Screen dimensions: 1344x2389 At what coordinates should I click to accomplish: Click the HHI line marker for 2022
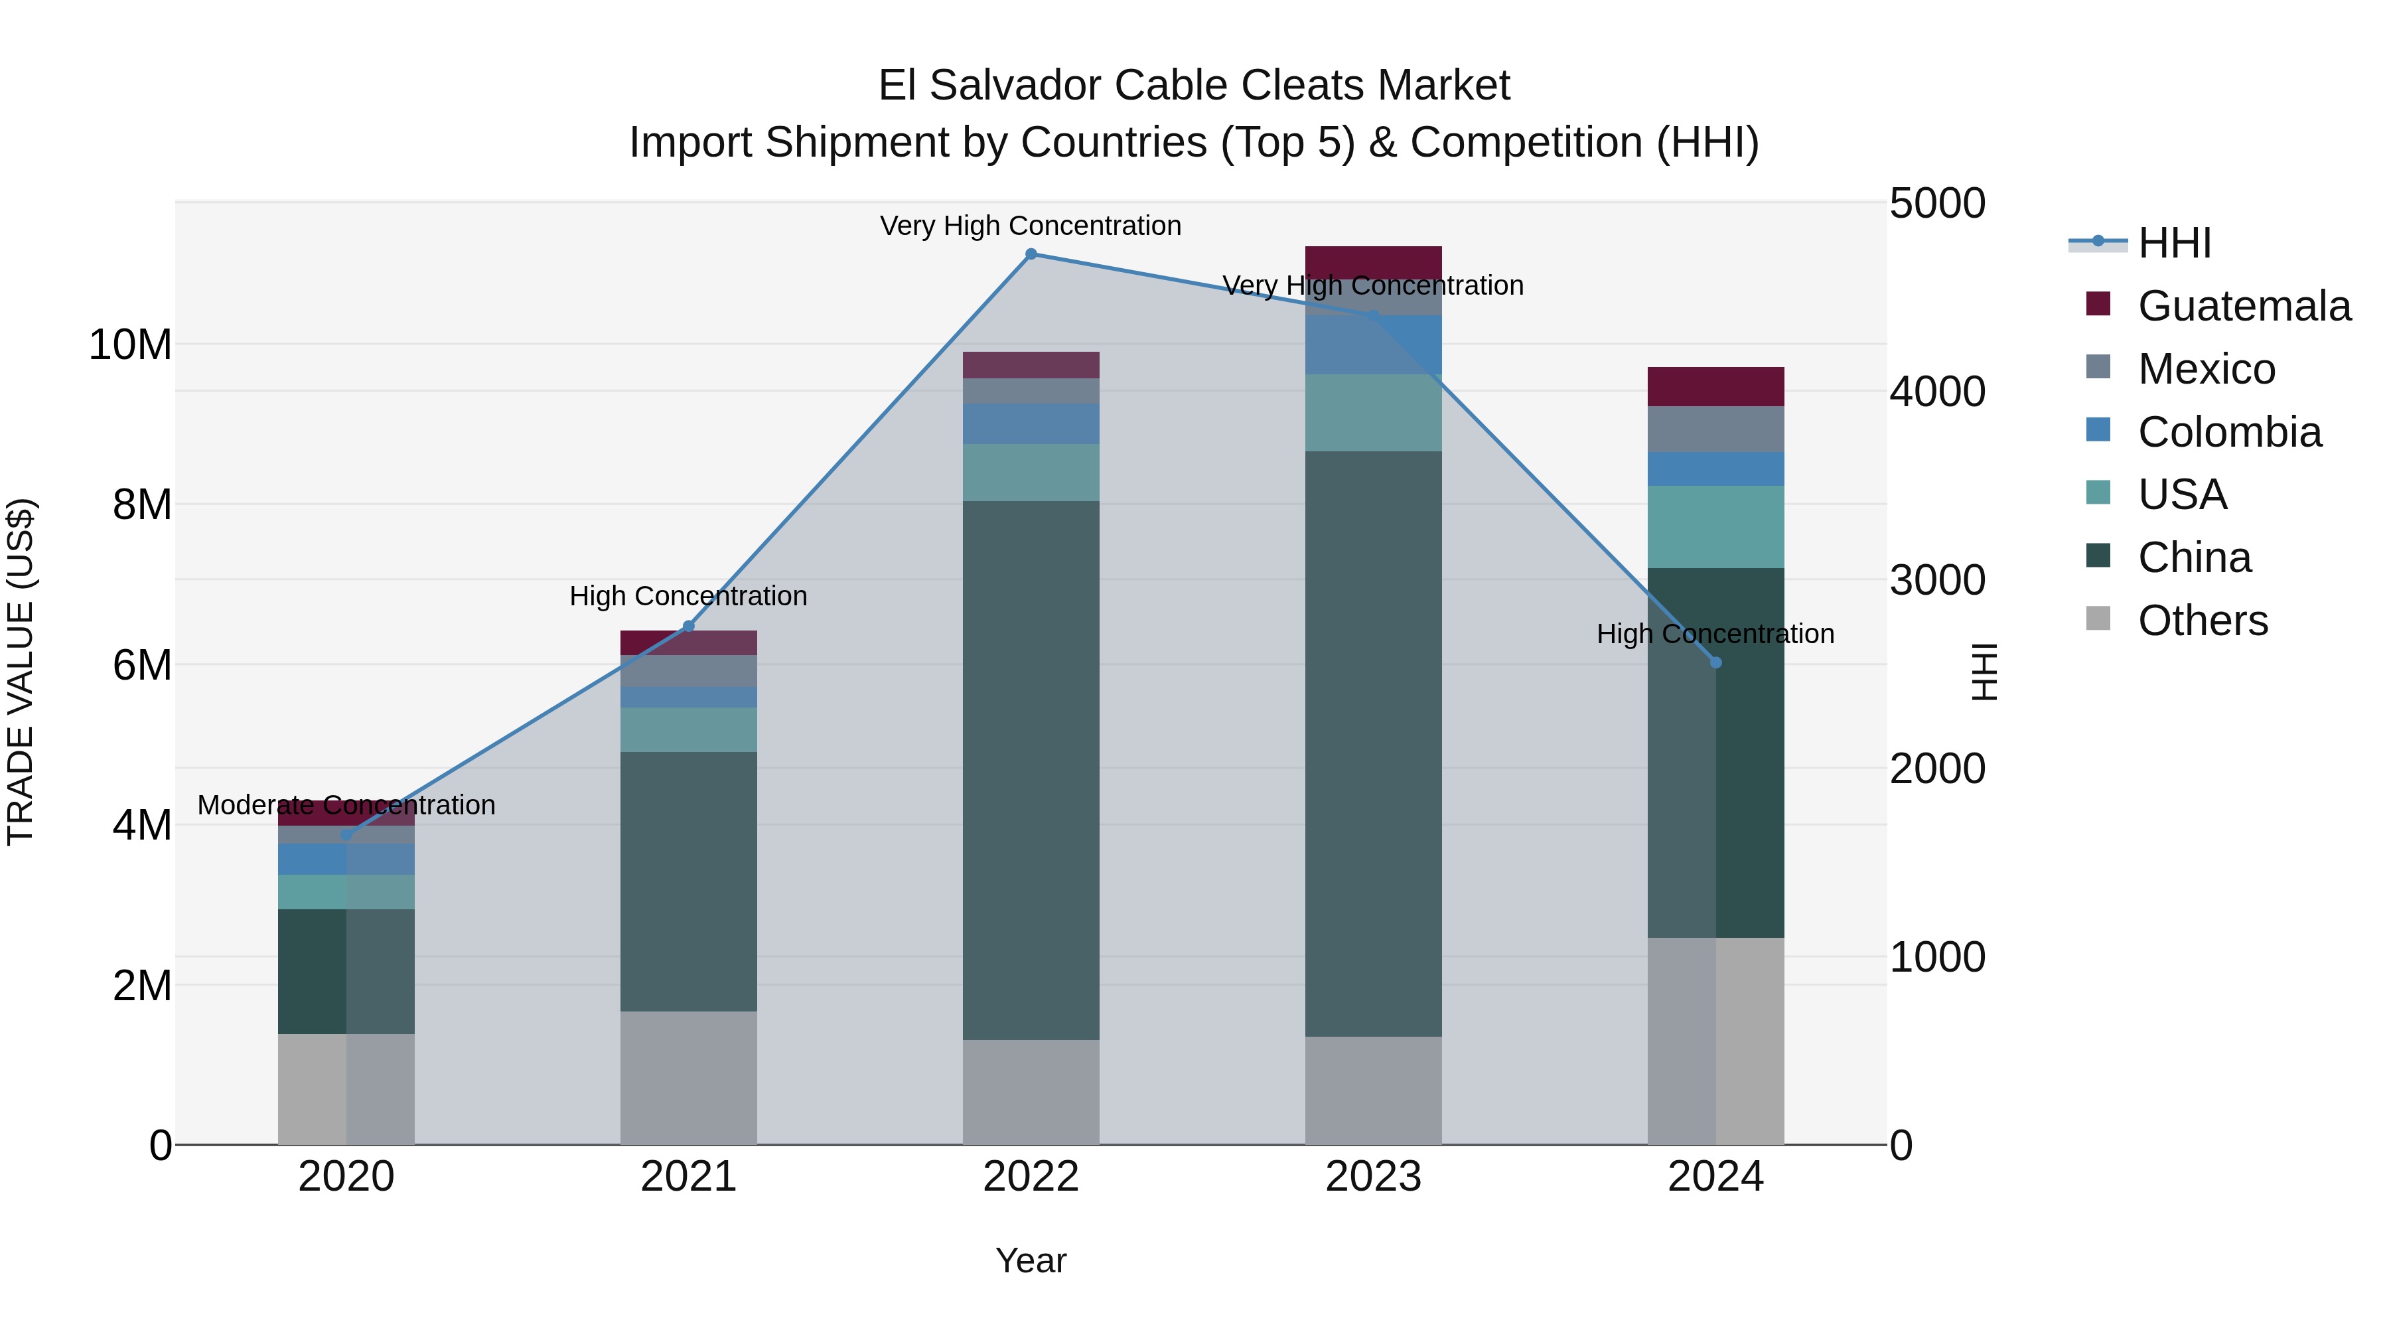(x=1031, y=254)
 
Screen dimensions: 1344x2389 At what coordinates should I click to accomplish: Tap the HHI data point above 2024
(x=1715, y=662)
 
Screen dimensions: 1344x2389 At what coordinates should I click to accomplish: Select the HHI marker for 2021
(x=688, y=626)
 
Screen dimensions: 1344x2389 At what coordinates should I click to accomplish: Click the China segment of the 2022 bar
(x=1031, y=770)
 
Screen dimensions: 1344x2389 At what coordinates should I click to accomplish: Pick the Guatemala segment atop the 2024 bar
(x=1715, y=387)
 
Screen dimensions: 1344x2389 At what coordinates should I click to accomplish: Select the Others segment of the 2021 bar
(x=688, y=1078)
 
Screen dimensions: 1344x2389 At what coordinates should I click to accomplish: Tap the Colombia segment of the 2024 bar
(x=1715, y=469)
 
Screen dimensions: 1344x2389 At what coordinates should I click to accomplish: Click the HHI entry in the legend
(x=2174, y=243)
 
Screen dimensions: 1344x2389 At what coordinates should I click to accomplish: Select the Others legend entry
(x=2202, y=621)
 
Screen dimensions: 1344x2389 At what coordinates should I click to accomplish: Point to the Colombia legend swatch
(x=2098, y=430)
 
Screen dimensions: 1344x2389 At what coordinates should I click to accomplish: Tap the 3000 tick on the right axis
(x=1937, y=581)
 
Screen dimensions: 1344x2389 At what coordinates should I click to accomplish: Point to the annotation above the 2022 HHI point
(x=1031, y=226)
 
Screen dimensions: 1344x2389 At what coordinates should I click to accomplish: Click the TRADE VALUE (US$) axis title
(x=21, y=672)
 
